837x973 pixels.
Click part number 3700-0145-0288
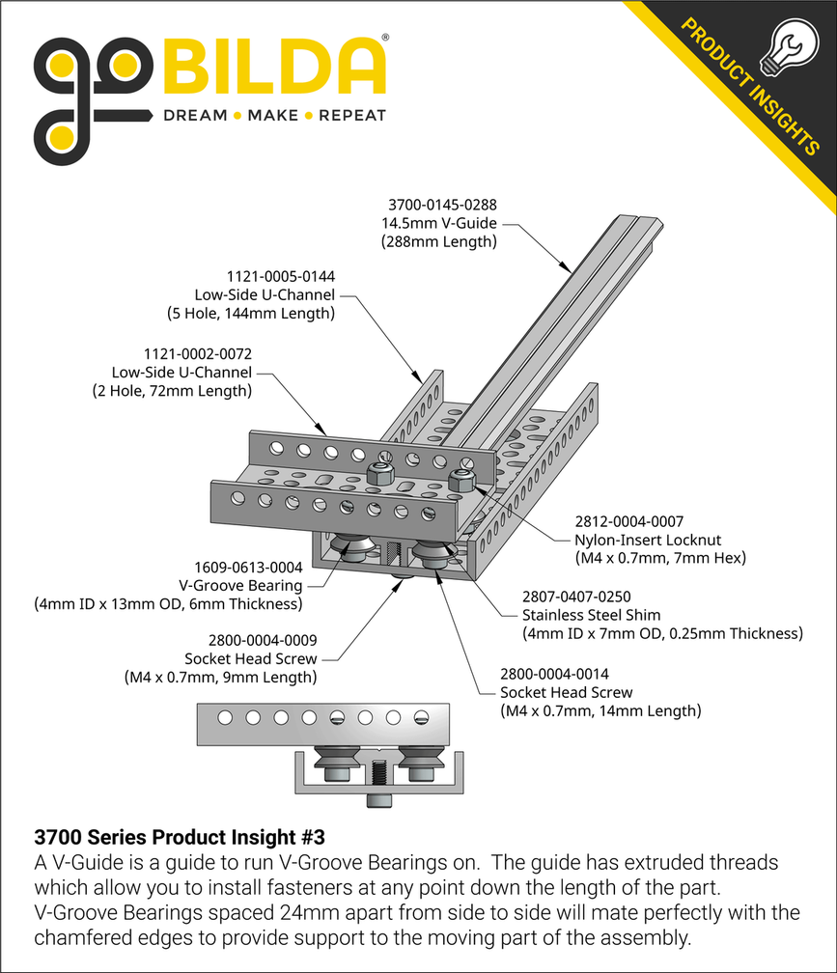pos(442,205)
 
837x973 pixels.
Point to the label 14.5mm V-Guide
pos(438,223)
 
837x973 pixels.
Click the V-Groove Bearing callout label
pos(240,586)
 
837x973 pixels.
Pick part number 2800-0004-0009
pos(263,640)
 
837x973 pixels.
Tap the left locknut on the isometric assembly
pos(379,474)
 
